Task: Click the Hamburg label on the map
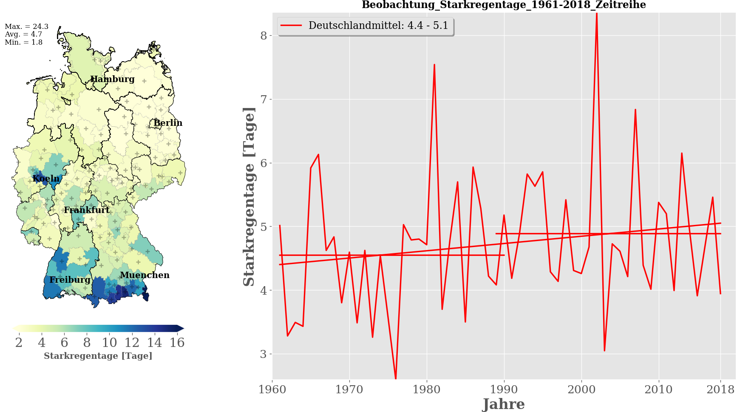[112, 79]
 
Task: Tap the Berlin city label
[168, 123]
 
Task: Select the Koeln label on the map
[46, 179]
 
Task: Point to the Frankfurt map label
[87, 210]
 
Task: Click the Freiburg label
[70, 280]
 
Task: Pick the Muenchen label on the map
[145, 275]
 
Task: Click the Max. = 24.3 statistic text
[26, 26]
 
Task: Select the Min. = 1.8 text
[23, 42]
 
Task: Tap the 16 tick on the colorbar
[177, 343]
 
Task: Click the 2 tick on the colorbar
[19, 343]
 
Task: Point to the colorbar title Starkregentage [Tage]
[98, 356]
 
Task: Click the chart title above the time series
[504, 5]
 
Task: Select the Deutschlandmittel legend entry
[366, 26]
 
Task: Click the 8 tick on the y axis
[264, 35]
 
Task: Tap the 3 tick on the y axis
[264, 354]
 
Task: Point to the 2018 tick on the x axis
[720, 389]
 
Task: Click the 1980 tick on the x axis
[427, 389]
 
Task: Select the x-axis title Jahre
[504, 404]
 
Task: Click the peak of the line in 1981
[434, 65]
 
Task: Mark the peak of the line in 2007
[635, 110]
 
